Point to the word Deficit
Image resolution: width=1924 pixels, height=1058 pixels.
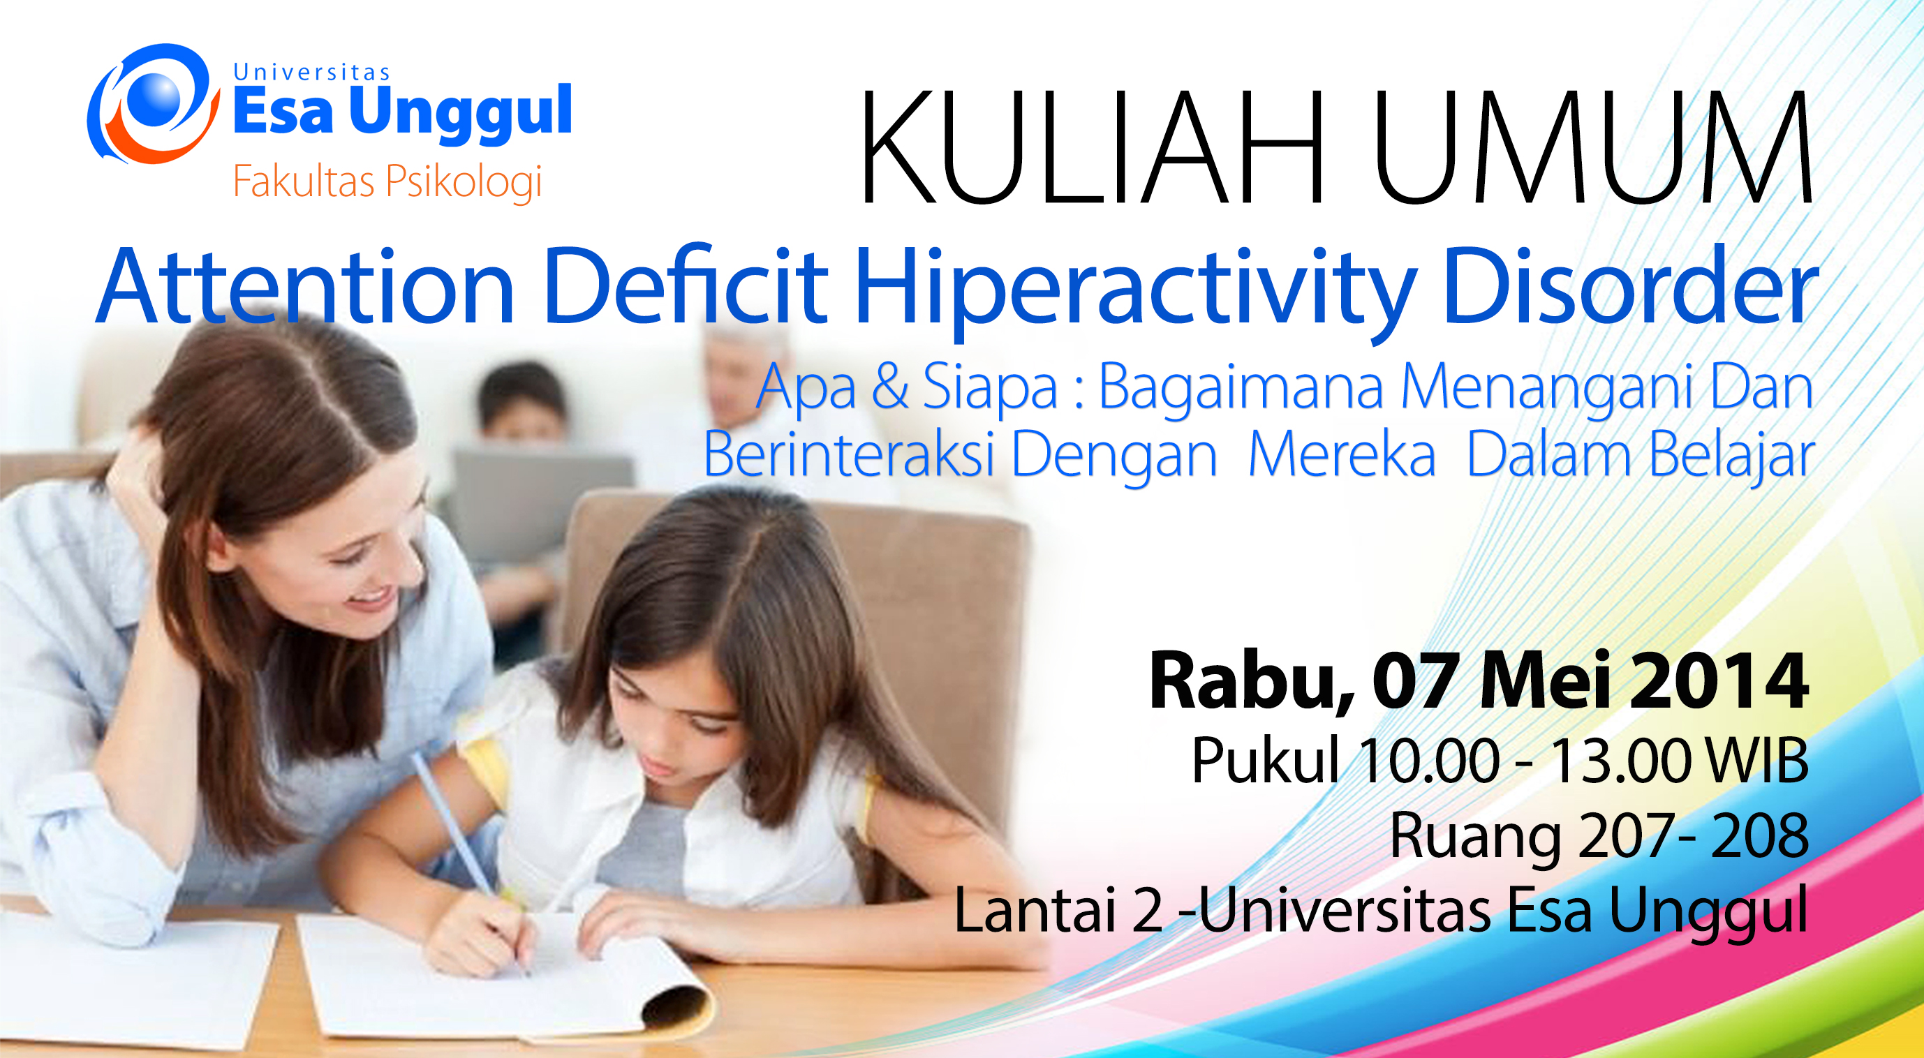(x=686, y=285)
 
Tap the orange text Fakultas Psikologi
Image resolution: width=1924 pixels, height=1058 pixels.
(x=387, y=182)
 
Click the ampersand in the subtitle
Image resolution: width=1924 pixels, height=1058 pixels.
(x=889, y=386)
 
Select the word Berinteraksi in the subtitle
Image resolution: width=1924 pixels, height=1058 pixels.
(x=848, y=453)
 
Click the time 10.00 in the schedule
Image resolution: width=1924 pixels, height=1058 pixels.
(x=1429, y=761)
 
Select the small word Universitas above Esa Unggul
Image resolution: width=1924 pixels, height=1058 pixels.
(x=311, y=72)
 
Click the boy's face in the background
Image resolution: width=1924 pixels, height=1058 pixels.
(x=523, y=415)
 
